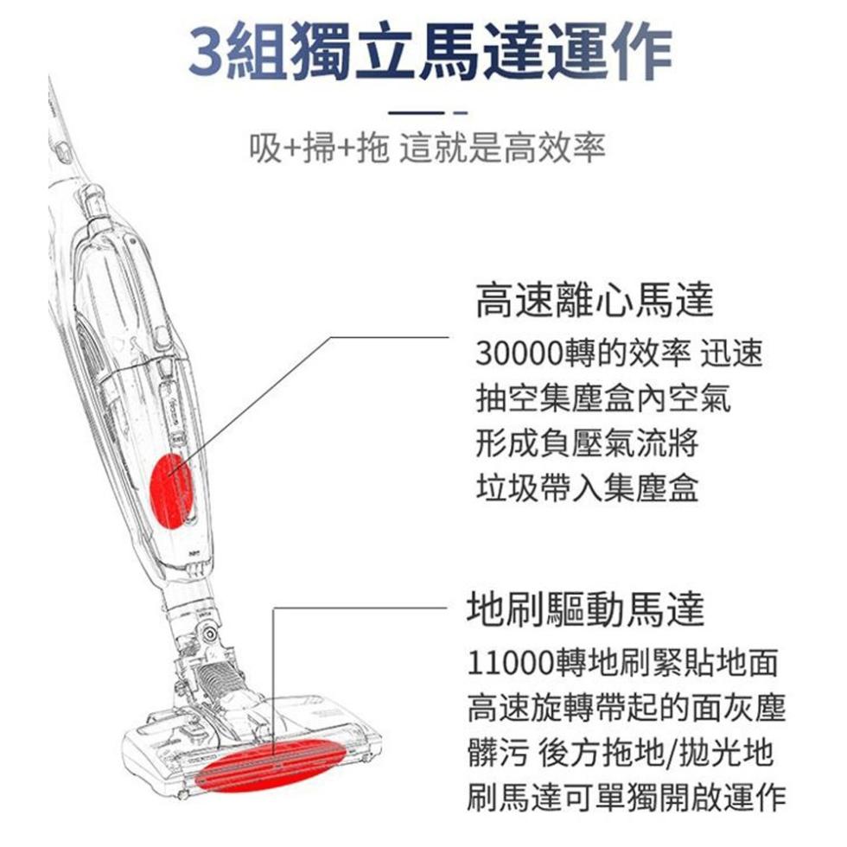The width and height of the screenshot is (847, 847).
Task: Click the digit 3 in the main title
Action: click(207, 53)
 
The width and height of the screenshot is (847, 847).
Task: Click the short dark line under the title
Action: click(416, 113)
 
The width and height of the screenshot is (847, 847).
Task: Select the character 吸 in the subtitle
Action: click(265, 147)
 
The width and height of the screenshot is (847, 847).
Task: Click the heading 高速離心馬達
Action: click(595, 300)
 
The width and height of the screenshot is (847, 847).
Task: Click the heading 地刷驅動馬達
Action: click(586, 609)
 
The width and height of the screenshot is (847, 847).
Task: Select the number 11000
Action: click(511, 663)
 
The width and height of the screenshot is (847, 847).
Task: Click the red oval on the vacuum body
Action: click(172, 491)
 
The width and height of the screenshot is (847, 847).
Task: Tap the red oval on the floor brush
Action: click(271, 764)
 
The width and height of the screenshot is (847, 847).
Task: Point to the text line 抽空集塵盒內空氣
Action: click(603, 398)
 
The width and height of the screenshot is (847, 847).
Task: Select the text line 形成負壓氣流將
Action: click(587, 443)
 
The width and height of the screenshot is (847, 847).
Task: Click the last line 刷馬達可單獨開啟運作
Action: click(626, 797)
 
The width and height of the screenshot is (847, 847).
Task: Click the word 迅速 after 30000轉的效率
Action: click(731, 353)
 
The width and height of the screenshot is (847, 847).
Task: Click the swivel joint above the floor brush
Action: click(209, 632)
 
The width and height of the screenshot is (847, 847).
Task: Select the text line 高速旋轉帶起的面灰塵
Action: click(626, 708)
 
